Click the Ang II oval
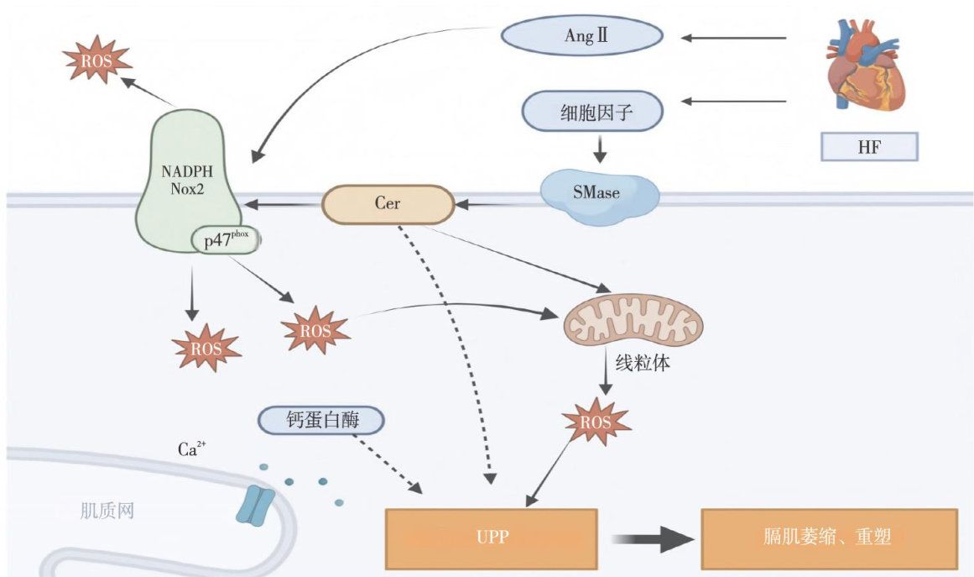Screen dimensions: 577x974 point(581,36)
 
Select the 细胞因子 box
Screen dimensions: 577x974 point(593,111)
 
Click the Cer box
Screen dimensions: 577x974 point(388,204)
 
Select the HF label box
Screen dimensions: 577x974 point(870,148)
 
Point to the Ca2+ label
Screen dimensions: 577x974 point(188,449)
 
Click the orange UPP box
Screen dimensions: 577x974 point(490,536)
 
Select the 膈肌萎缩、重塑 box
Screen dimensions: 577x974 point(827,536)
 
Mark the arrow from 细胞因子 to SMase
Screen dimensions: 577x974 point(599,149)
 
